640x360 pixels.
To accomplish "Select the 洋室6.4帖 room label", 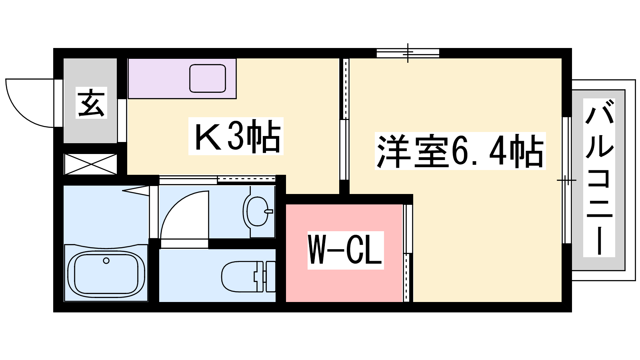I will (x=460, y=151).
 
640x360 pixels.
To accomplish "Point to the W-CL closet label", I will (x=346, y=250).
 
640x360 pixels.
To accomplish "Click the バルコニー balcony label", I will (x=599, y=178).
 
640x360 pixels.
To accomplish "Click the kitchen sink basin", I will (x=208, y=78).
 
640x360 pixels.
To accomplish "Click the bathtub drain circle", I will (x=106, y=261).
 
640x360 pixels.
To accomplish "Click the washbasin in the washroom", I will (x=256, y=212).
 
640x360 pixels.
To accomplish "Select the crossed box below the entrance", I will (x=90, y=164).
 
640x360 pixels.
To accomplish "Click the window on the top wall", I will (x=408, y=53).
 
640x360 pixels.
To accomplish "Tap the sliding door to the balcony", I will (x=566, y=180).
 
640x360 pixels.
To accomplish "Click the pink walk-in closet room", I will (x=344, y=284).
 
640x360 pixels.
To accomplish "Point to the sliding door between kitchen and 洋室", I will (x=344, y=120).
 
